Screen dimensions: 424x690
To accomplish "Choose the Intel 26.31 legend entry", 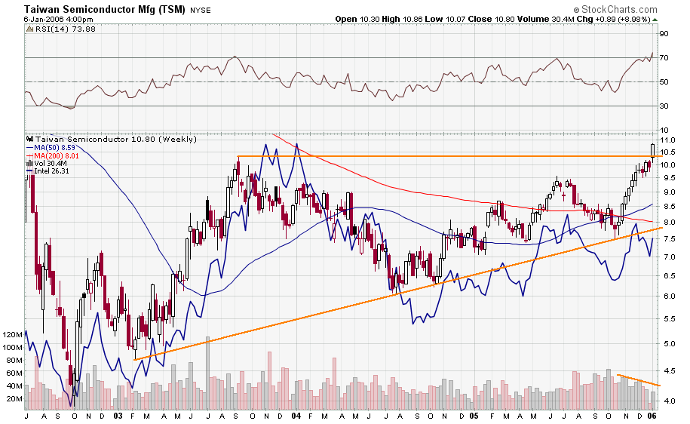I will pyautogui.click(x=54, y=171).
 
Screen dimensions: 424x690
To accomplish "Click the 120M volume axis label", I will pyautogui.click(x=14, y=333).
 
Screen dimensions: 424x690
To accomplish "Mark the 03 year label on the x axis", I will pyautogui.click(x=118, y=416).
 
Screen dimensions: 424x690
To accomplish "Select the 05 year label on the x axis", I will pyautogui.click(x=474, y=416).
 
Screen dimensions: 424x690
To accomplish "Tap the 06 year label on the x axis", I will pyautogui.click(x=652, y=416).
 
